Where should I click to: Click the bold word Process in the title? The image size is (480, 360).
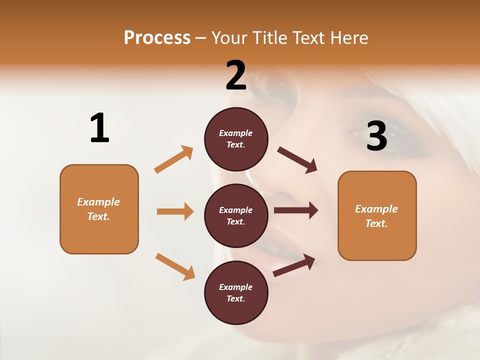pyautogui.click(x=157, y=37)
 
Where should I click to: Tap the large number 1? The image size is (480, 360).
pyautogui.click(x=99, y=128)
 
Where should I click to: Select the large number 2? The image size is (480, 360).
pyautogui.click(x=236, y=75)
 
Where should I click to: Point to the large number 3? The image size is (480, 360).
pyautogui.click(x=376, y=136)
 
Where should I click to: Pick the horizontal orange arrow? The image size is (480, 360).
pyautogui.click(x=175, y=211)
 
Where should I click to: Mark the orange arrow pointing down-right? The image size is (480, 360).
pyautogui.click(x=175, y=266)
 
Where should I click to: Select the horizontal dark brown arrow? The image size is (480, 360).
pyautogui.click(x=296, y=210)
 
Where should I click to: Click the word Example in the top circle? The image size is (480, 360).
pyautogui.click(x=236, y=133)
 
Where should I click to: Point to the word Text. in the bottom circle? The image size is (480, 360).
pyautogui.click(x=236, y=298)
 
